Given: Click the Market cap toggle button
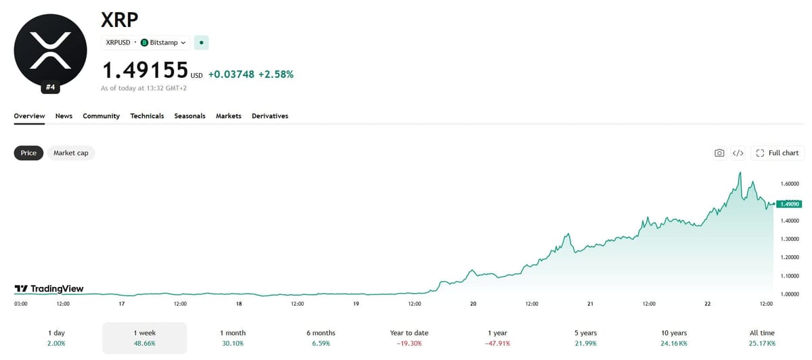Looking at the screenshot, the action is click(x=70, y=153).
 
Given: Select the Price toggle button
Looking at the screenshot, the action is click(x=28, y=153).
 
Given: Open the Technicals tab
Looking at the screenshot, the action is click(x=147, y=116).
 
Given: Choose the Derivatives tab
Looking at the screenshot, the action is click(x=270, y=116).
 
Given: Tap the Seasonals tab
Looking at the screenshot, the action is click(x=189, y=116).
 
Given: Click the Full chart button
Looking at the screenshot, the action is click(x=777, y=153).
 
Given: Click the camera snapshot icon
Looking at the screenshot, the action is click(x=719, y=153).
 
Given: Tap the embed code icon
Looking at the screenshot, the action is click(x=738, y=153).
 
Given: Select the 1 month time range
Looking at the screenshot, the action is click(x=233, y=338).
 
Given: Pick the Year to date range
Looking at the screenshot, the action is click(x=409, y=338).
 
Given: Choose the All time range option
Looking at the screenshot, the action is click(x=762, y=338).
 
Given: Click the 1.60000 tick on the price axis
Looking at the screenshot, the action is click(x=790, y=184).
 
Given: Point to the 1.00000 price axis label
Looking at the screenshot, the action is click(x=790, y=294).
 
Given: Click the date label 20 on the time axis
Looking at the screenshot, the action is click(x=473, y=304).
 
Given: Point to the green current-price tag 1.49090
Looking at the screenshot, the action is click(x=789, y=204).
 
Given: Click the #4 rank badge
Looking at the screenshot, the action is click(x=50, y=87).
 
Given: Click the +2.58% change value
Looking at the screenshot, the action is click(x=276, y=74).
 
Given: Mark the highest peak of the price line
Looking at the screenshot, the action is click(x=740, y=173).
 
